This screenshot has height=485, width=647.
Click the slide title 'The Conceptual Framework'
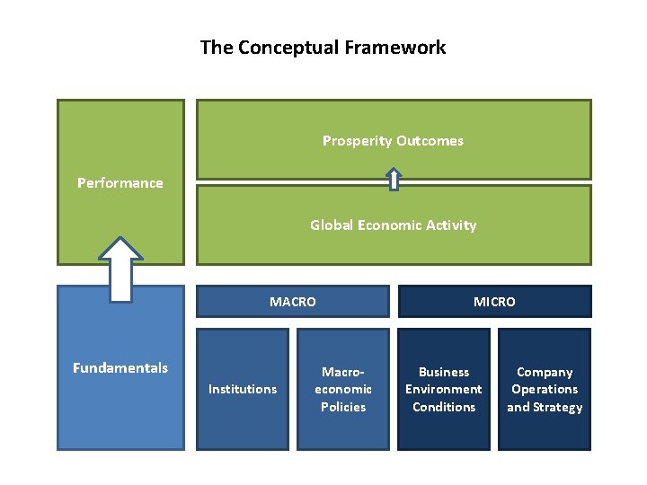click(x=323, y=48)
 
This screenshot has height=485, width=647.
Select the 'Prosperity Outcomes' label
click(x=393, y=140)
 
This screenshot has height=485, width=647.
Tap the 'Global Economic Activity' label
click(x=393, y=225)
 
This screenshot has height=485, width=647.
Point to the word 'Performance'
click(x=120, y=183)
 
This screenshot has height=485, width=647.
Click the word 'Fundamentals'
click(x=120, y=367)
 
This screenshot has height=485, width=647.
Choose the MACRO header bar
click(x=293, y=302)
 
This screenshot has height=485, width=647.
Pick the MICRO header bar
click(x=494, y=302)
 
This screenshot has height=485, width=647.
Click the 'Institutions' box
click(x=243, y=389)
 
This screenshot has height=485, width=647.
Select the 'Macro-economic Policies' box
click(x=343, y=389)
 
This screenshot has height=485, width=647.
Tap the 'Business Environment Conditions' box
click(x=444, y=389)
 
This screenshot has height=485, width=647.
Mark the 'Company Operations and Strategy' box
click(x=545, y=389)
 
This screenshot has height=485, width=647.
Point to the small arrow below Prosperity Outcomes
click(x=394, y=180)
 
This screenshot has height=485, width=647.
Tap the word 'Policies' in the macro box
click(x=343, y=407)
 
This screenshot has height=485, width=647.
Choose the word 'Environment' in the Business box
click(x=444, y=389)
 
